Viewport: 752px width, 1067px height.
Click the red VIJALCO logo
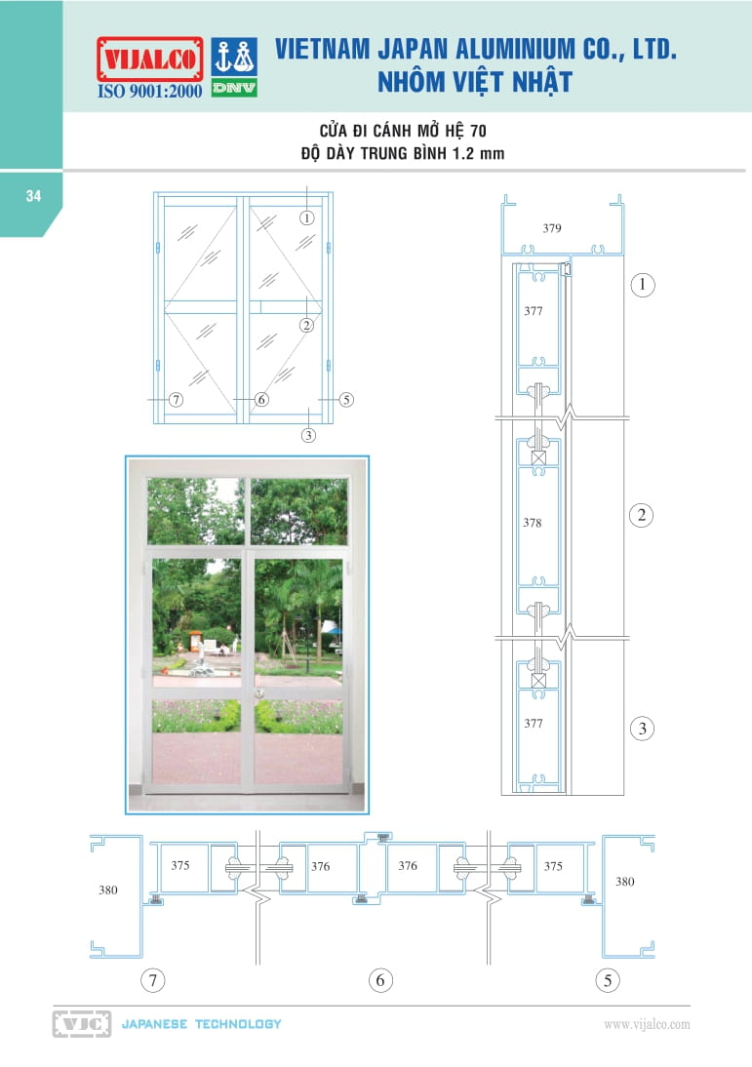(150, 59)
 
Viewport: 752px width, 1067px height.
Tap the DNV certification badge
(234, 67)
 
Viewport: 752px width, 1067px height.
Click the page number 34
(33, 196)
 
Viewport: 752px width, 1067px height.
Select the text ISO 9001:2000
(150, 91)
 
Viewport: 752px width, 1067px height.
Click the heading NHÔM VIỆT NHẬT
(474, 82)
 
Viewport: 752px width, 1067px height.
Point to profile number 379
(552, 228)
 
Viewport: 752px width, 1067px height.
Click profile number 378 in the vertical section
(533, 523)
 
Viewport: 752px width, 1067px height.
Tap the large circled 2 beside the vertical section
(642, 515)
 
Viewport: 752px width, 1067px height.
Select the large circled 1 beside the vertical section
(643, 285)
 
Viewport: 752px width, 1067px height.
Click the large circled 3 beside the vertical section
(643, 729)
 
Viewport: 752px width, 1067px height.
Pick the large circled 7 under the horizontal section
(153, 980)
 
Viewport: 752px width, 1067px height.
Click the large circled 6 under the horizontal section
(380, 980)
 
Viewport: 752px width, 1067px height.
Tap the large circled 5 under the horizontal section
(608, 980)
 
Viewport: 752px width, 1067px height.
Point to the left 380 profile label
(108, 890)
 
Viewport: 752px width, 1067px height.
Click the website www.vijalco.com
(647, 1024)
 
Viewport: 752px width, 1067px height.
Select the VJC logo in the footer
(82, 1024)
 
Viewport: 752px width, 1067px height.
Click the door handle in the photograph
(258, 692)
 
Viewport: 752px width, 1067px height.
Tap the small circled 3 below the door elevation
(308, 436)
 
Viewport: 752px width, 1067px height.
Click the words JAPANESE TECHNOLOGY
(202, 1024)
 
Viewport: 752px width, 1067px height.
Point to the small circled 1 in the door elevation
(307, 217)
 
